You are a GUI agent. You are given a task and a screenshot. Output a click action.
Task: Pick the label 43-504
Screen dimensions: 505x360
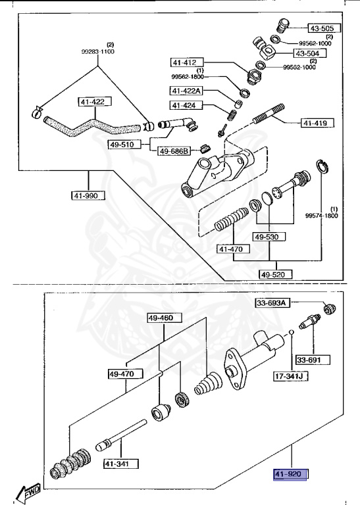tap(308, 53)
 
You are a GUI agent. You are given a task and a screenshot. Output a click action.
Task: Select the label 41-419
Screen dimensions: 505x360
tap(317, 122)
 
